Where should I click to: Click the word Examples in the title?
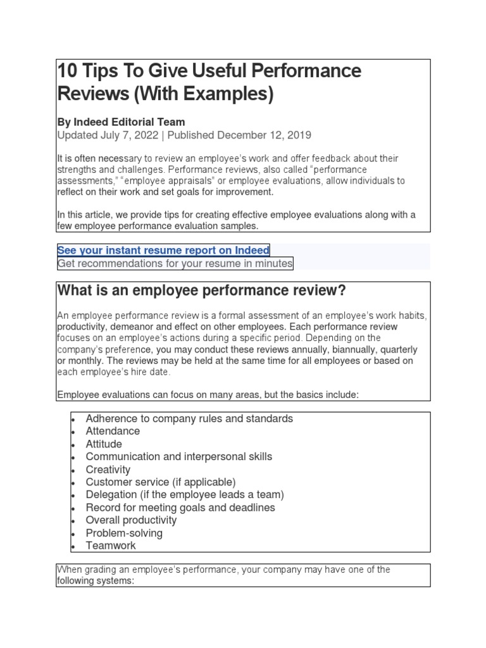(227, 94)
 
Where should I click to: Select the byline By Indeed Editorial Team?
(121, 121)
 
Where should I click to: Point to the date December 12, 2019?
(265, 135)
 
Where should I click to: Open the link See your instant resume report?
(163, 250)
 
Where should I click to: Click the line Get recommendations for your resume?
(175, 263)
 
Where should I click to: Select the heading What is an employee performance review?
(202, 290)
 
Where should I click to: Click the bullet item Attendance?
(113, 431)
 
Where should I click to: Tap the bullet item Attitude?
(104, 444)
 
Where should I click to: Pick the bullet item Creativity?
(108, 470)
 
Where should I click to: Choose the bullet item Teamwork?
(111, 545)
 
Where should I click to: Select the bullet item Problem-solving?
(124, 533)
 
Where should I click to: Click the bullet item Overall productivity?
(131, 520)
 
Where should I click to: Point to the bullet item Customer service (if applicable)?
(161, 482)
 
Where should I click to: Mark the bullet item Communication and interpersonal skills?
(179, 456)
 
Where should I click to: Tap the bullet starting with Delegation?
(185, 495)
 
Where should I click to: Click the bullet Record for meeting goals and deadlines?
(180, 508)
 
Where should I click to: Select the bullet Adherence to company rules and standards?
(189, 418)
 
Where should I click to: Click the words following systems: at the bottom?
(96, 581)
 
